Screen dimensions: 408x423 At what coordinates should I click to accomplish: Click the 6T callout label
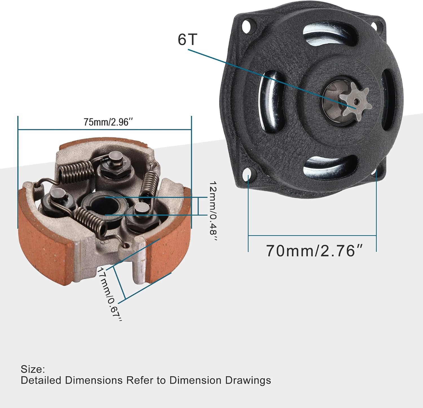pos(187,39)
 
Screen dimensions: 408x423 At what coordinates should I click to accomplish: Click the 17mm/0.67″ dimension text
pos(110,294)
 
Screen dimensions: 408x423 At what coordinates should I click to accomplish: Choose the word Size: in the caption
pos(32,369)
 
